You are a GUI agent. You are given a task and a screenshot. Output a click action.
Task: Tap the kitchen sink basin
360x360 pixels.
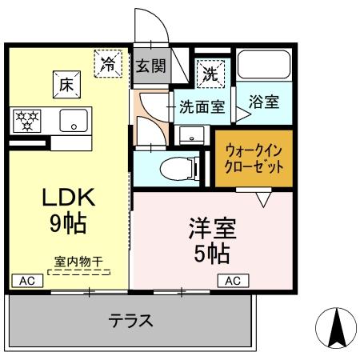coord(74,122)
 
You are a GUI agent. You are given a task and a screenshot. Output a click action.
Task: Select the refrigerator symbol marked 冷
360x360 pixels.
coord(107,63)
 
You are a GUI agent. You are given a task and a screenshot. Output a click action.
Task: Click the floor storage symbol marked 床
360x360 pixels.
coord(65,81)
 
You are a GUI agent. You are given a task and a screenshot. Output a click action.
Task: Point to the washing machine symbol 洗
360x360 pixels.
coord(209,74)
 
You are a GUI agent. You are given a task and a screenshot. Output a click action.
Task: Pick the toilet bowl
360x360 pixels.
coord(176,168)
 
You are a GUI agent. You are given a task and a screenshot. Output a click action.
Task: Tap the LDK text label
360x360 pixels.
coord(68,198)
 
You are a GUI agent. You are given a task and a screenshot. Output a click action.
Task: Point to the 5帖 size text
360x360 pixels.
coord(211,254)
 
